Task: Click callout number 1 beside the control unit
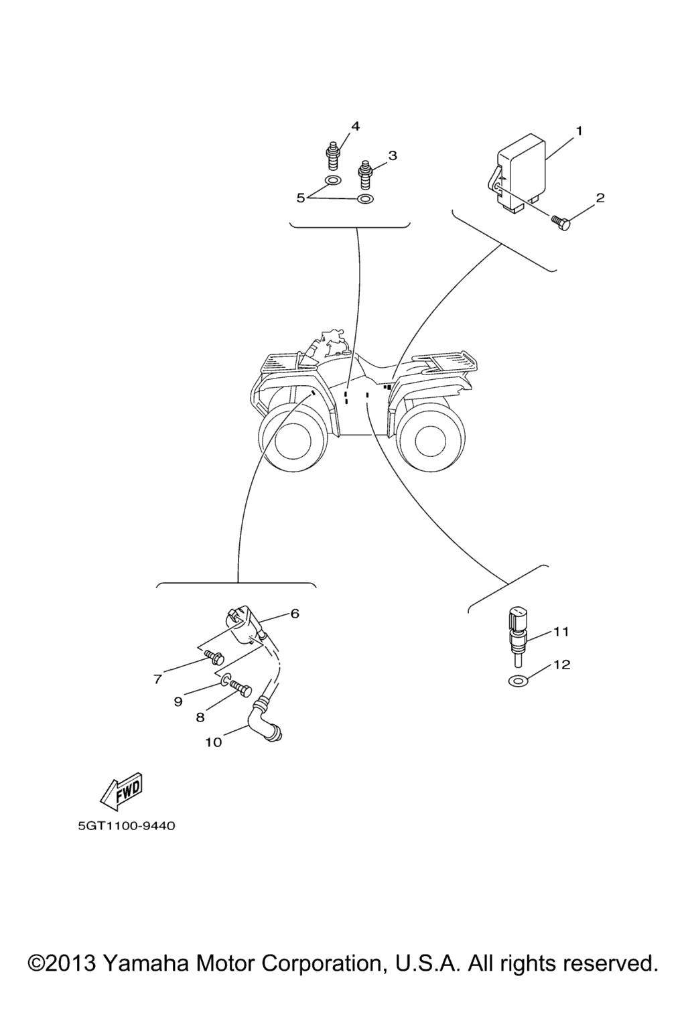(x=579, y=131)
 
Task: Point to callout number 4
(x=354, y=127)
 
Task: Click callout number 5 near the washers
(x=301, y=198)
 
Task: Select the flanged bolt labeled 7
(x=214, y=657)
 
